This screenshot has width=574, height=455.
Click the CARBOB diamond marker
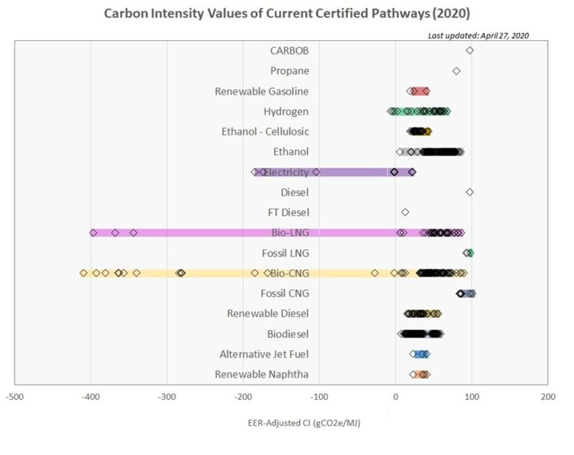[469, 50]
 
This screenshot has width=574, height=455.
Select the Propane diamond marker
[456, 71]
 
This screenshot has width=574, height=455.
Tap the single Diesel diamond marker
[469, 192]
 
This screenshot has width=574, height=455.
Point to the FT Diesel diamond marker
[405, 212]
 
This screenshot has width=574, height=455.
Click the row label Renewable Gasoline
[261, 91]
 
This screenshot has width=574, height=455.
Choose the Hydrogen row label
[286, 111]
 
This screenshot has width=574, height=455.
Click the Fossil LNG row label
[286, 253]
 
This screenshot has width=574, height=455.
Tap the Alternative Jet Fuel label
[264, 354]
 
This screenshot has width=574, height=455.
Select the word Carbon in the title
[123, 13]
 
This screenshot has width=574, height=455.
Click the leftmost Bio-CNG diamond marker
[84, 273]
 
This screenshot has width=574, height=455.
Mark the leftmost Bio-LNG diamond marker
[93, 233]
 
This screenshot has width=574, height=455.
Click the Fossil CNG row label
[285, 293]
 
